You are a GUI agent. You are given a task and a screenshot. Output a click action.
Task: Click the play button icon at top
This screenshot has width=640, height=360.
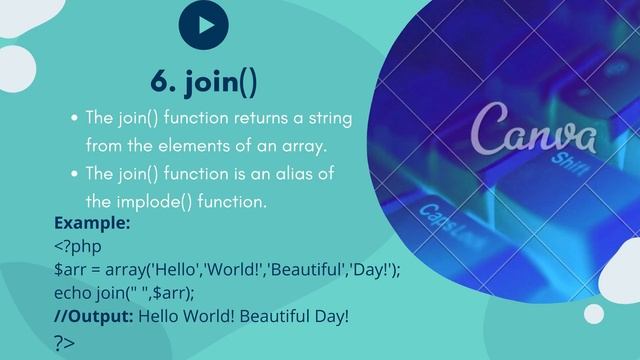(203, 27)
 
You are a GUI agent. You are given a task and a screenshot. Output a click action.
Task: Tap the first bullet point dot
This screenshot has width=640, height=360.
(75, 118)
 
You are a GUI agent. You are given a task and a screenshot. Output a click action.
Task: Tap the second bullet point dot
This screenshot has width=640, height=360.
(75, 174)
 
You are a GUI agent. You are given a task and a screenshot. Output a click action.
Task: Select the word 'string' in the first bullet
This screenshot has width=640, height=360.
(328, 118)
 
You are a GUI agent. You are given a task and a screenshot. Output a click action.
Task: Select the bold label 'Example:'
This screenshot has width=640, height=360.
(92, 223)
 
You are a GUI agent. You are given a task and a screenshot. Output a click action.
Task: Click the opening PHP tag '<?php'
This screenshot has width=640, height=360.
(78, 246)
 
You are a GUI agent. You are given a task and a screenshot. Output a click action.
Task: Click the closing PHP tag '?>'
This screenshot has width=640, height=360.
(64, 341)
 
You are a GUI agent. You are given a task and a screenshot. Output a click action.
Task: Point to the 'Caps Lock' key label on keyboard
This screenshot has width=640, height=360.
(446, 218)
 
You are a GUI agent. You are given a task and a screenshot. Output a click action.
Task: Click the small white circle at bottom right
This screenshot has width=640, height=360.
(596, 313)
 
